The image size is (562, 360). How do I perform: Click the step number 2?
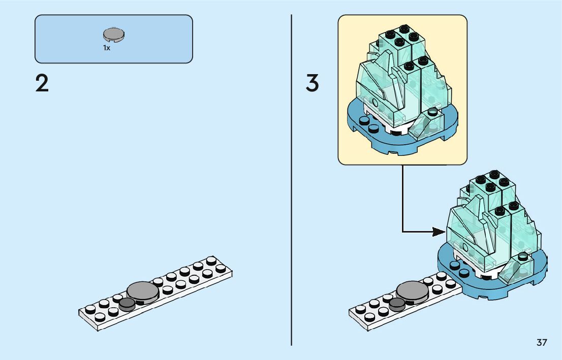(x=42, y=84)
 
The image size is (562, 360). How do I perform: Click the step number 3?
(x=313, y=84)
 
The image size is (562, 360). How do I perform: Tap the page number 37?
(x=542, y=343)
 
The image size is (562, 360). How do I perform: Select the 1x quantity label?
(x=107, y=48)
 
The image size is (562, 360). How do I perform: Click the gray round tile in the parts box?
(x=114, y=35)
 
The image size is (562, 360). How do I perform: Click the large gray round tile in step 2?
(x=143, y=290)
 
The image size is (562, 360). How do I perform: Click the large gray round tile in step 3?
(x=412, y=290)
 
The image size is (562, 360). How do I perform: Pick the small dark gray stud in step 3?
(x=397, y=304)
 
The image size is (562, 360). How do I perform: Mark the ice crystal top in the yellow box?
(x=401, y=76)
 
